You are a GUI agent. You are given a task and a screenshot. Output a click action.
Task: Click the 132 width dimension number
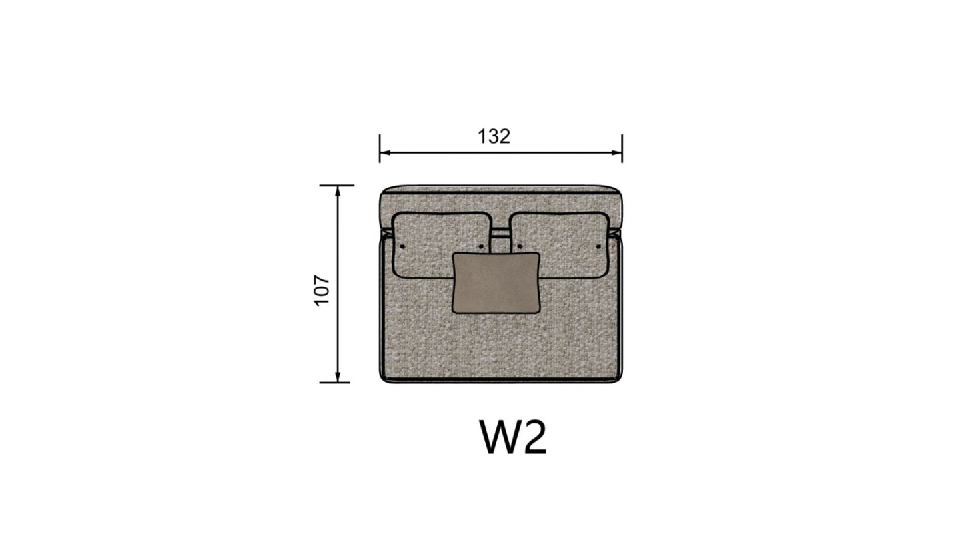click(494, 136)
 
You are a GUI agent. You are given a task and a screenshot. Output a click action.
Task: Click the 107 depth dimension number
click(322, 291)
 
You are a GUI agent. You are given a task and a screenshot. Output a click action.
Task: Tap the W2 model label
click(513, 437)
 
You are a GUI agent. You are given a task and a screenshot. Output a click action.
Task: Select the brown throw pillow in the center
click(496, 283)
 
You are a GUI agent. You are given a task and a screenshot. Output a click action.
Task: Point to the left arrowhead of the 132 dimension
click(385, 152)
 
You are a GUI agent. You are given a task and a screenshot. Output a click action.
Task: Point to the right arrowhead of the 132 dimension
click(617, 152)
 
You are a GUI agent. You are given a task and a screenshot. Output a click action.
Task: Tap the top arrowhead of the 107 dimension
click(338, 191)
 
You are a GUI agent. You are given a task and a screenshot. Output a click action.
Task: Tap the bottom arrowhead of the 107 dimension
click(338, 377)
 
